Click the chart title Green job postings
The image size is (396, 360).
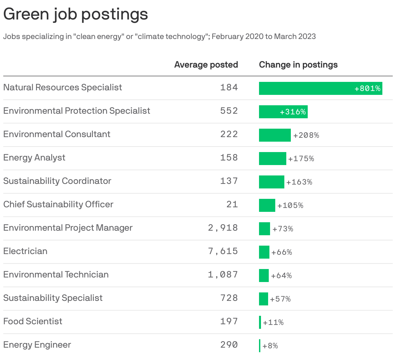76,14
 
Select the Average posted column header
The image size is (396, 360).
206,65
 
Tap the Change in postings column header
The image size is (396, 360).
298,65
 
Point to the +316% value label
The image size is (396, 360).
293,112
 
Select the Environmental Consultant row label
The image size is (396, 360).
57,134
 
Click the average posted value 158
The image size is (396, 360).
229,158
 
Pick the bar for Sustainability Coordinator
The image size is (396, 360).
271,182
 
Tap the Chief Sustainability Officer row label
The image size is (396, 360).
58,204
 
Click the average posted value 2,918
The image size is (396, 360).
223,228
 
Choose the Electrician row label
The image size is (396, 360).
25,251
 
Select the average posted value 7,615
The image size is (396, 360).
223,251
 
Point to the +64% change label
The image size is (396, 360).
281,276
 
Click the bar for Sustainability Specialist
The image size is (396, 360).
263,299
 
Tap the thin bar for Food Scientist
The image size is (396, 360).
260,322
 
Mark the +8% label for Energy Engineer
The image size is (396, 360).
270,346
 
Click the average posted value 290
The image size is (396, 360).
229,345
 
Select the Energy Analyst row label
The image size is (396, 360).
34,158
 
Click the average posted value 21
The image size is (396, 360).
232,204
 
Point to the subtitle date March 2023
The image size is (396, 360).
295,36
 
